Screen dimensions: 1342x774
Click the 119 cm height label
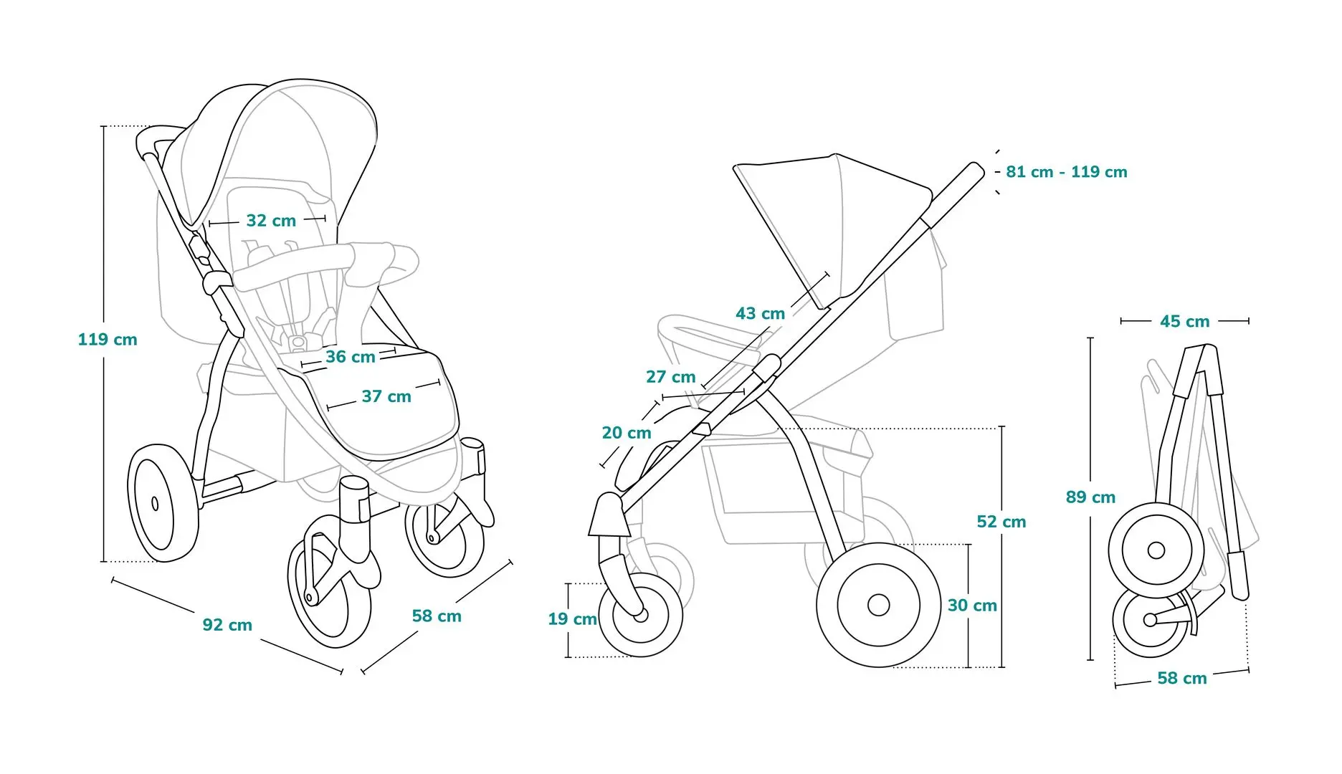pyautogui.click(x=108, y=340)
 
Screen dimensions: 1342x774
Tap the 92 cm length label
pyautogui.click(x=227, y=625)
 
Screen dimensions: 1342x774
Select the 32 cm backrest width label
pyautogui.click(x=271, y=221)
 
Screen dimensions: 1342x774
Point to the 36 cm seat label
pyautogui.click(x=351, y=357)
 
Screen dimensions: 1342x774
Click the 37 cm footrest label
pyautogui.click(x=386, y=396)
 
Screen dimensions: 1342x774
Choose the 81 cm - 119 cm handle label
pyautogui.click(x=1067, y=172)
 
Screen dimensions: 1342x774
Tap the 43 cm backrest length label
pyautogui.click(x=760, y=313)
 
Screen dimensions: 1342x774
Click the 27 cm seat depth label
pyautogui.click(x=671, y=377)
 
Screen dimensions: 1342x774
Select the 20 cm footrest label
pyautogui.click(x=627, y=433)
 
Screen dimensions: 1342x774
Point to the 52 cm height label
pyautogui.click(x=1001, y=522)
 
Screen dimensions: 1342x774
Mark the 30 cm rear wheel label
pyautogui.click(x=972, y=606)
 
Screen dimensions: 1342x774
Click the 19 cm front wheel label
pyautogui.click(x=573, y=619)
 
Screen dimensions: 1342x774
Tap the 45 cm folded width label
pyautogui.click(x=1185, y=322)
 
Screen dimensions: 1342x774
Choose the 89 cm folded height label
pyautogui.click(x=1090, y=497)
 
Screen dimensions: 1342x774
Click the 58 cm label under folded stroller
pyautogui.click(x=1182, y=678)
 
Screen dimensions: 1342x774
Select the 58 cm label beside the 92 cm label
pyautogui.click(x=437, y=616)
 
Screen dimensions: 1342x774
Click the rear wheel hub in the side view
pyautogui.click(x=878, y=605)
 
